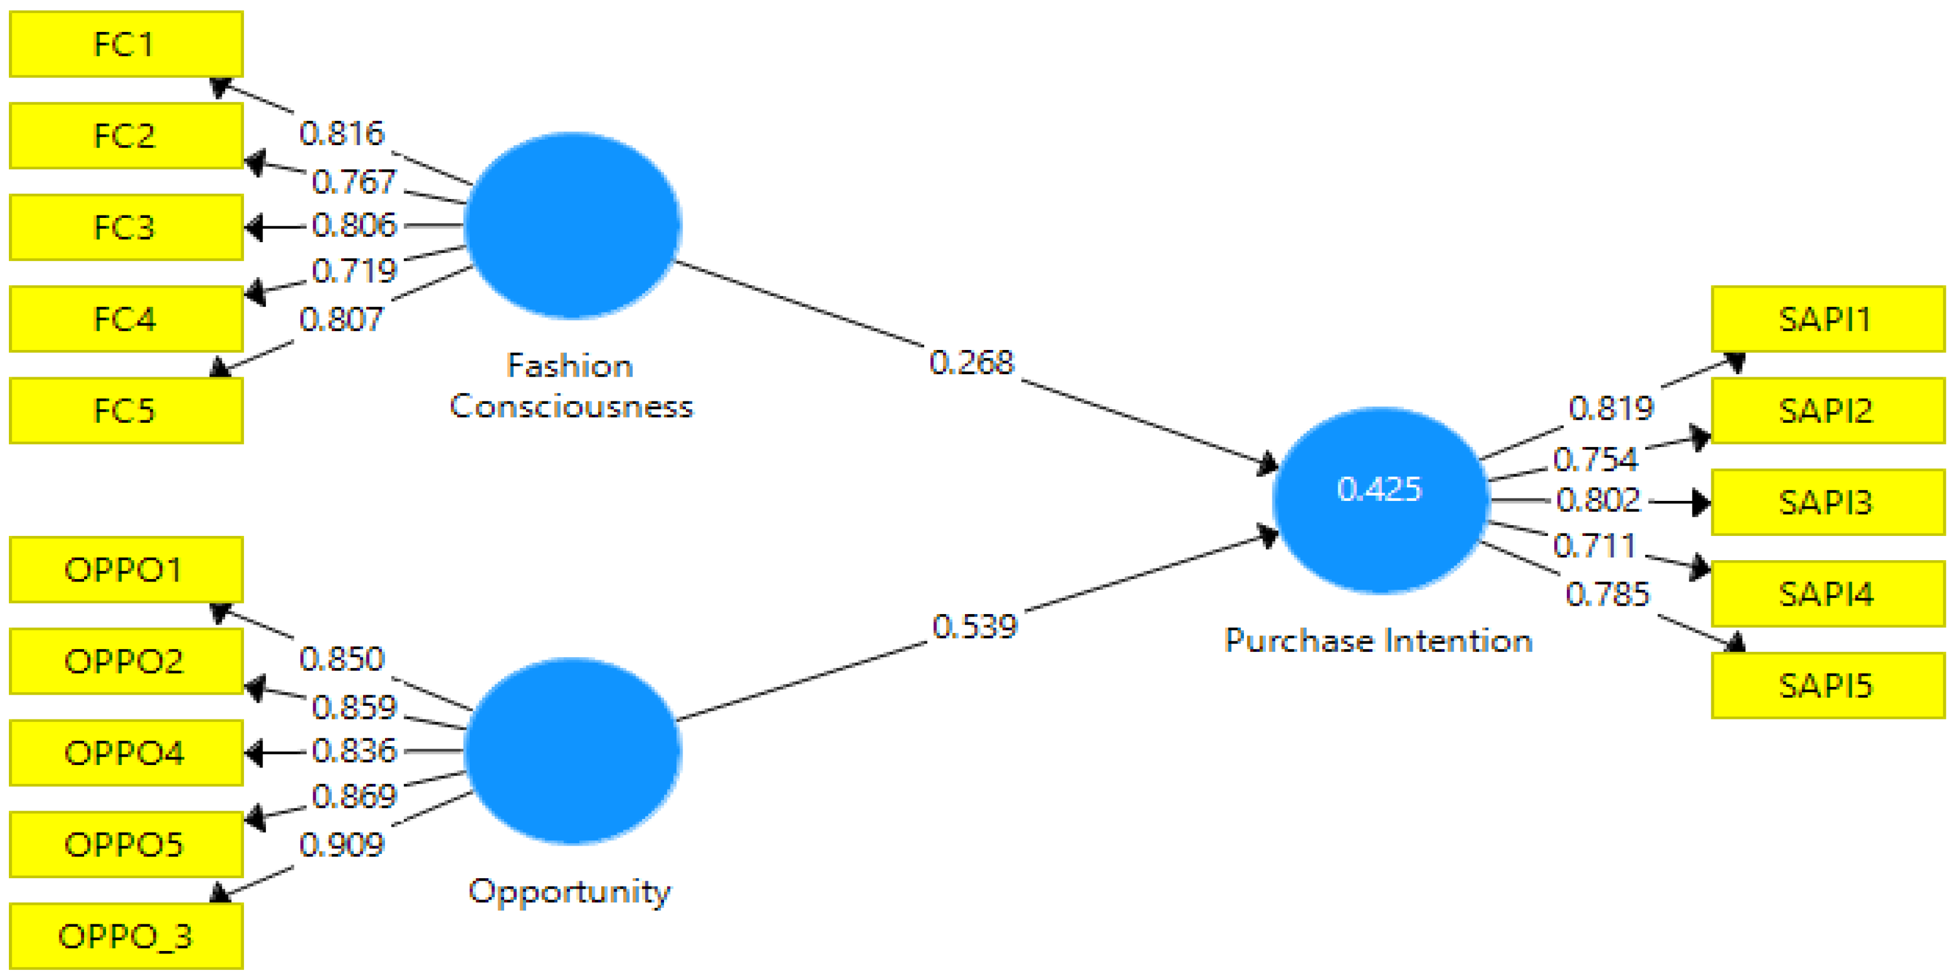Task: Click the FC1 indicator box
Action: [126, 44]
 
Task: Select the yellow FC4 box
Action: [126, 319]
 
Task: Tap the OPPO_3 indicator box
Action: [126, 936]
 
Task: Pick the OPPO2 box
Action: [126, 661]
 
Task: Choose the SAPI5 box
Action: [1827, 686]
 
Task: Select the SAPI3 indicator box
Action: [1827, 503]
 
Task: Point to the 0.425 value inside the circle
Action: [1379, 489]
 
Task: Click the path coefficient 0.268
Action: [971, 363]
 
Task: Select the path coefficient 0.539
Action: [974, 627]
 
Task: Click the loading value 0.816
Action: [342, 134]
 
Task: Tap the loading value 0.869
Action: [354, 797]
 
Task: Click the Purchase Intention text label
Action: [1378, 641]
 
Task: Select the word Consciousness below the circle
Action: [571, 407]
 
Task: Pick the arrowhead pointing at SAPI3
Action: [1701, 503]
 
